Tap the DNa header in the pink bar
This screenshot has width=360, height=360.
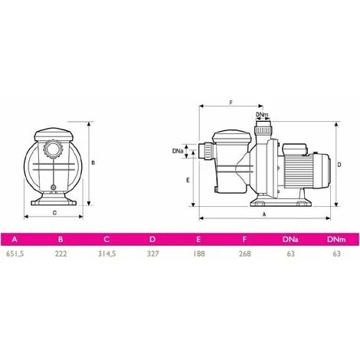click(x=290, y=239)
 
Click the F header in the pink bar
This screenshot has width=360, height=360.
click(x=244, y=239)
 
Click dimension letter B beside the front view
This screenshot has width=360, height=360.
click(x=93, y=162)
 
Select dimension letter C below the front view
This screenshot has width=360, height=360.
click(x=54, y=213)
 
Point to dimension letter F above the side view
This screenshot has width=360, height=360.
click(x=231, y=101)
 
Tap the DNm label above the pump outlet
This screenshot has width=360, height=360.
click(x=262, y=115)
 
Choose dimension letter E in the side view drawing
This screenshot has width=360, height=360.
click(x=188, y=179)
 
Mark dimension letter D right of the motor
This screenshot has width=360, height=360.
click(x=339, y=165)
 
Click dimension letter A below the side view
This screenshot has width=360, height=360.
click(x=263, y=216)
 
